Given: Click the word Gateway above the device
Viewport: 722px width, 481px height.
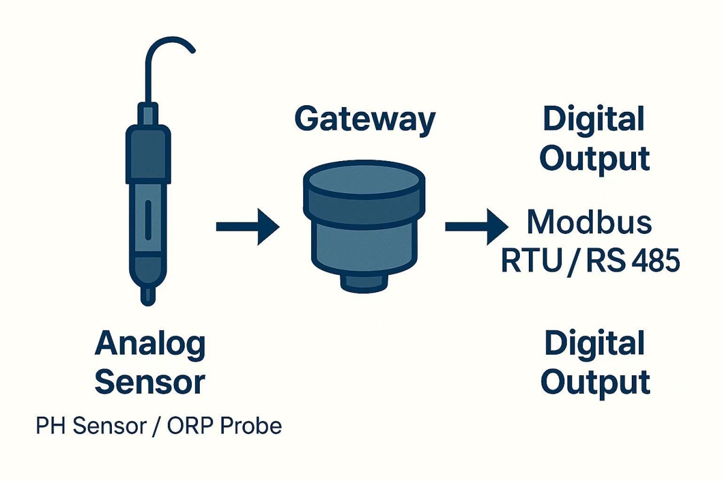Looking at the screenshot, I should click(365, 119).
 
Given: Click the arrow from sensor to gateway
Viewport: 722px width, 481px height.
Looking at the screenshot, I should click(248, 227).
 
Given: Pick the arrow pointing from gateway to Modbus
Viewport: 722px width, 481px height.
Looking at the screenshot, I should click(475, 227).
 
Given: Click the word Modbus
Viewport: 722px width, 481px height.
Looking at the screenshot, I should click(589, 222).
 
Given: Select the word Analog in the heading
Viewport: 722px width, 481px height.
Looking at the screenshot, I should click(150, 345).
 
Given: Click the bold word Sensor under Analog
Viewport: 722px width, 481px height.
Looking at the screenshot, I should click(150, 382).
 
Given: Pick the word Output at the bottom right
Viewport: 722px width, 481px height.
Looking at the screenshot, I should click(595, 382).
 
